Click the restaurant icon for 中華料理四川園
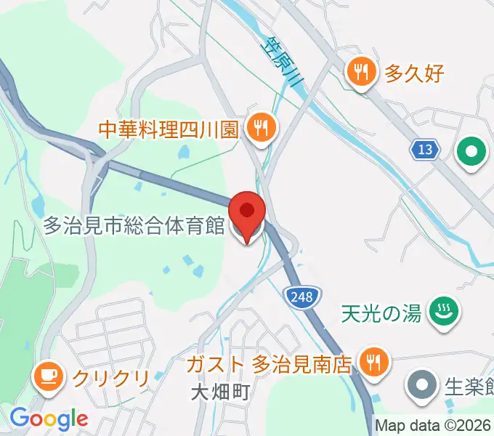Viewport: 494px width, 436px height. (259, 128)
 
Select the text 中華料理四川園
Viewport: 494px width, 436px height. (169, 129)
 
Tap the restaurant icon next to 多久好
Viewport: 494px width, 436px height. (360, 72)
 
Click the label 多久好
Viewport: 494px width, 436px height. (413, 73)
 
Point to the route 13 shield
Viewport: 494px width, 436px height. (425, 150)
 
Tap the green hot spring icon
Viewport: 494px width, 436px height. (440, 312)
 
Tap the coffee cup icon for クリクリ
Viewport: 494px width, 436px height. (48, 376)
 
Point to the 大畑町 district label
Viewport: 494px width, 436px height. (221, 393)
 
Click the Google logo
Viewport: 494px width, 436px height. (49, 419)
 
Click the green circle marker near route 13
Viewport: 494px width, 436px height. (471, 153)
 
